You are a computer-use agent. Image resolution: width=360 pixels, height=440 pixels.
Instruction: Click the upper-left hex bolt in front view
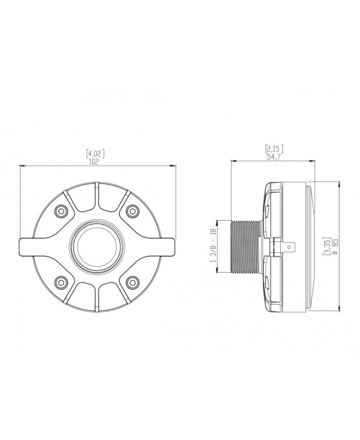61,210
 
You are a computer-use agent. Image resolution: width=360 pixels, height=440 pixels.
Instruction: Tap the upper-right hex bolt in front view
132,210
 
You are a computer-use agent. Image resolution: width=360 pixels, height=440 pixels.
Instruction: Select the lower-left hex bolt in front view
61,282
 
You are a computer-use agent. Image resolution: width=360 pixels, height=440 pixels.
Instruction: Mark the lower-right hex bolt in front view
132,282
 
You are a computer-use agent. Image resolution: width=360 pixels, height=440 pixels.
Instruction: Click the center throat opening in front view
96,245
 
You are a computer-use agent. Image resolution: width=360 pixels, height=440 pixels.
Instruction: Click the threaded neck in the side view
244,246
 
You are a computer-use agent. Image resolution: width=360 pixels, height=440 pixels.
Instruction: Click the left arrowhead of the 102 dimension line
21,166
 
